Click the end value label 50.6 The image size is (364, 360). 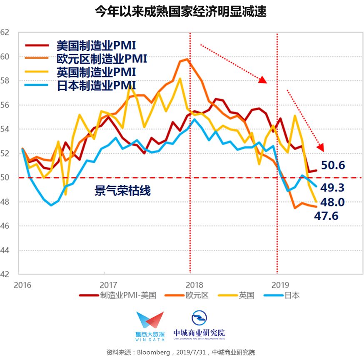(333, 165)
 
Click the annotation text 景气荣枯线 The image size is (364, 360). (122, 191)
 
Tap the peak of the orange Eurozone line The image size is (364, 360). (187, 59)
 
